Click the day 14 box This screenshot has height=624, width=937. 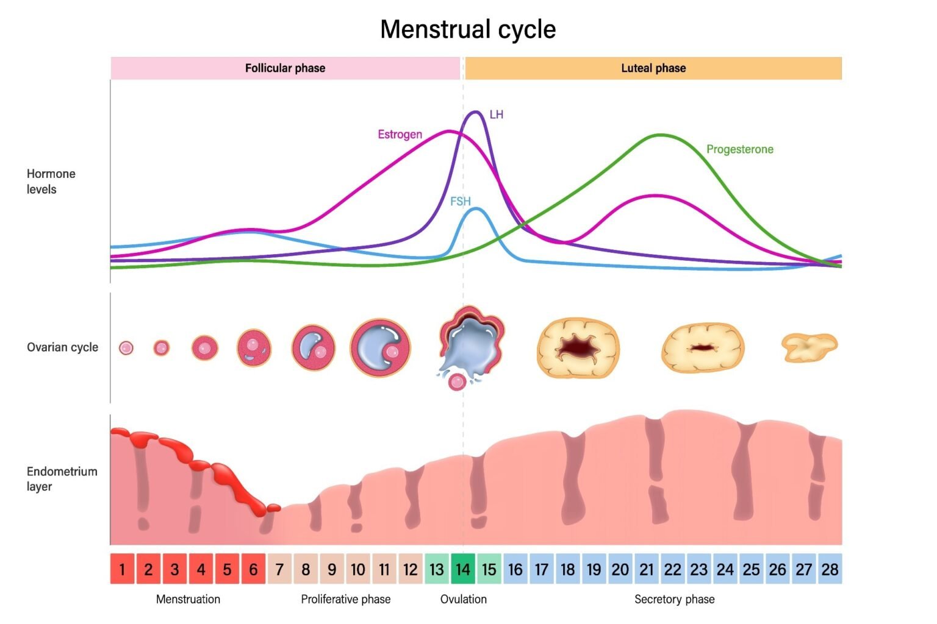click(463, 569)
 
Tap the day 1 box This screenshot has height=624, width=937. click(122, 569)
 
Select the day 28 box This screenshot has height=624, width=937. click(830, 569)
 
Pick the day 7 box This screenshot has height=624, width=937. click(279, 569)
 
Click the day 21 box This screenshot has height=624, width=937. click(647, 569)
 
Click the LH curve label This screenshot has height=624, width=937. click(496, 115)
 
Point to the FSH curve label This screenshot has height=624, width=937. click(461, 201)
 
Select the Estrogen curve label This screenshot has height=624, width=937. click(400, 134)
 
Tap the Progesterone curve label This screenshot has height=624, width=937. click(739, 149)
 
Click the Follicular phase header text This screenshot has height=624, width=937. click(285, 68)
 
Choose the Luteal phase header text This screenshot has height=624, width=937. click(653, 68)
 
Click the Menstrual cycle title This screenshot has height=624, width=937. click(468, 29)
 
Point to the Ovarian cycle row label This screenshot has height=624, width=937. click(62, 347)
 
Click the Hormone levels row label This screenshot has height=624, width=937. click(51, 182)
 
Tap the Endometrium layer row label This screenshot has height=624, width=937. click(62, 479)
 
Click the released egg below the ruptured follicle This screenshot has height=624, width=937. click(457, 382)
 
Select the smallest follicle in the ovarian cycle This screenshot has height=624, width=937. click(126, 348)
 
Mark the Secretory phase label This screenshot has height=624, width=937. click(674, 599)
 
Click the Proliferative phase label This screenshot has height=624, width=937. click(345, 599)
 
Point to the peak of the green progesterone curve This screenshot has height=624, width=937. click(661, 135)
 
